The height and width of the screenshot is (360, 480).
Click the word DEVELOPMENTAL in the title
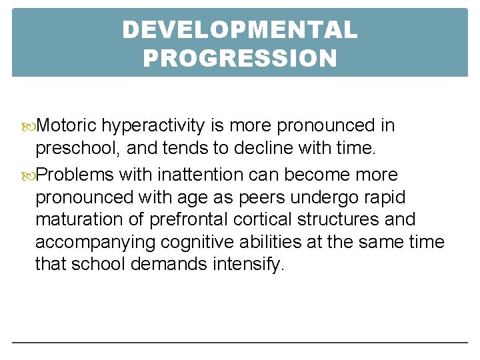(x=240, y=30)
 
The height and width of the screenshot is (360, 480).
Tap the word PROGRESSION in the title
(x=240, y=59)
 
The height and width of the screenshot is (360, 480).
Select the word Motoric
(x=67, y=125)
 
